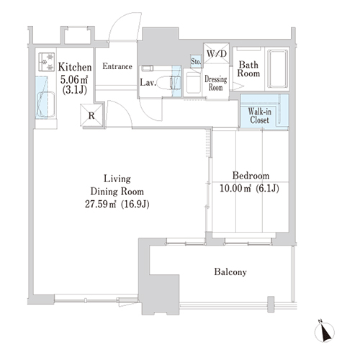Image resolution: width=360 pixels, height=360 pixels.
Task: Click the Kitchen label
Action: coord(75,67)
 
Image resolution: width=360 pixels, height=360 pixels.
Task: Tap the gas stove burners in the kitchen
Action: coord(46,62)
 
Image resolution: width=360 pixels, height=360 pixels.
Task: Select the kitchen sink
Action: coord(46,104)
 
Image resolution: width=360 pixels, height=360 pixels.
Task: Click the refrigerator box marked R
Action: coord(91,115)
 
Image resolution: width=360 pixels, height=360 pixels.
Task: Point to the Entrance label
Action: coord(117,66)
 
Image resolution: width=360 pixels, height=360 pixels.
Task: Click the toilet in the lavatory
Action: coord(167,83)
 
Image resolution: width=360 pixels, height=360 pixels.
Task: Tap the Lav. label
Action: coord(148,83)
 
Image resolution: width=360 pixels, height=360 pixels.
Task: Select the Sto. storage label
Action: coord(196,62)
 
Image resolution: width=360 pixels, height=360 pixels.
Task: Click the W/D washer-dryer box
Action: coord(216,53)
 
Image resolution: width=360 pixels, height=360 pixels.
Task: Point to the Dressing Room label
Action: coord(216,84)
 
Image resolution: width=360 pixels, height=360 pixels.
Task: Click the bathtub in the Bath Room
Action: coord(278,69)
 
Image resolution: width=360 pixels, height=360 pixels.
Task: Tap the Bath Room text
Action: coord(248,69)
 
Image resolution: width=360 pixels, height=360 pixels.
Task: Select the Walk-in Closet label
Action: coord(259,116)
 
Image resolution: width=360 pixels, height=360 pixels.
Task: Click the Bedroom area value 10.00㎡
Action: coord(235,189)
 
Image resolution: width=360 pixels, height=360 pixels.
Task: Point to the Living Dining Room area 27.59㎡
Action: coord(101,204)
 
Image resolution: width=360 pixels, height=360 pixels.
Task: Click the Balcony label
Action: coord(230,272)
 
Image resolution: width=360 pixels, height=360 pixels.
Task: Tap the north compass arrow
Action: coord(325,332)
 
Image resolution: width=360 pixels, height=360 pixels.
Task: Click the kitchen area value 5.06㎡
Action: coord(74,79)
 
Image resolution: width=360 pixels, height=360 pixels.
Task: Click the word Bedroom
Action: coord(251,176)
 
